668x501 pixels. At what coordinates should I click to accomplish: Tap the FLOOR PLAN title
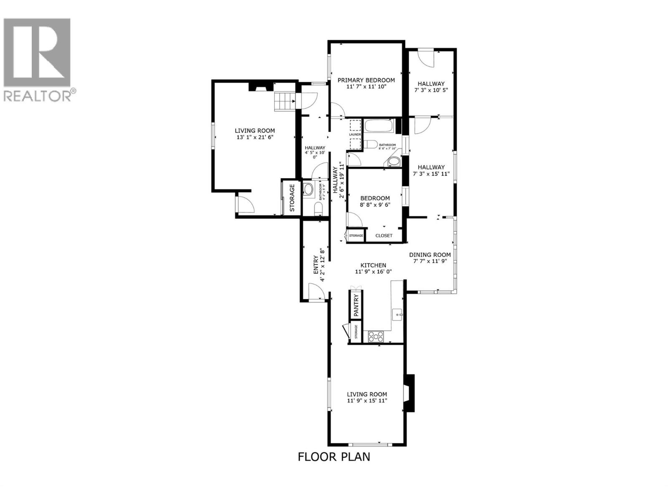[x=334, y=456]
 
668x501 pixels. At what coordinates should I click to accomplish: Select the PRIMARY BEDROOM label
[x=366, y=80]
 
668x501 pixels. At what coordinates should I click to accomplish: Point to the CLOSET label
[x=384, y=235]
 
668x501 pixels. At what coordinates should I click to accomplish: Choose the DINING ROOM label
[x=430, y=255]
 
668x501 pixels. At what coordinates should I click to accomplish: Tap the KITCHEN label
[x=373, y=265]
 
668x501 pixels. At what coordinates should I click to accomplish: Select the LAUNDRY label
[x=355, y=134]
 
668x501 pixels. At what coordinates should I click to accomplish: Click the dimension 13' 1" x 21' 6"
[x=255, y=137]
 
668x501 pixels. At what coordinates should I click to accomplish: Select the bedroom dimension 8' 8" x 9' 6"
[x=375, y=205]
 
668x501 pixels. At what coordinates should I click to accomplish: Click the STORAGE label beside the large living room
[x=292, y=197]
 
